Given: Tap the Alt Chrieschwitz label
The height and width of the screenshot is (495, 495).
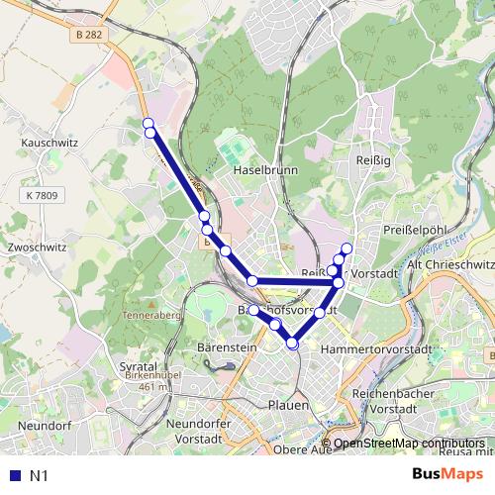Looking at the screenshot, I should (x=450, y=265).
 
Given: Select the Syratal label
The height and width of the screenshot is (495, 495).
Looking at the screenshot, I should (x=139, y=366).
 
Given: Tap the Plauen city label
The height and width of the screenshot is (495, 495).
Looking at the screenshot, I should (x=289, y=405).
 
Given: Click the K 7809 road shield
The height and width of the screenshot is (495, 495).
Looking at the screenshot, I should (x=44, y=196).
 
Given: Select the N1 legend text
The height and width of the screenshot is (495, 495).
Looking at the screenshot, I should (x=39, y=476).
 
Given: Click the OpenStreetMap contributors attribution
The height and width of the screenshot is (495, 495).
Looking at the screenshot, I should (x=409, y=444).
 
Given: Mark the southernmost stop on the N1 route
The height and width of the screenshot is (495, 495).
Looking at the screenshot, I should (x=292, y=344).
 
